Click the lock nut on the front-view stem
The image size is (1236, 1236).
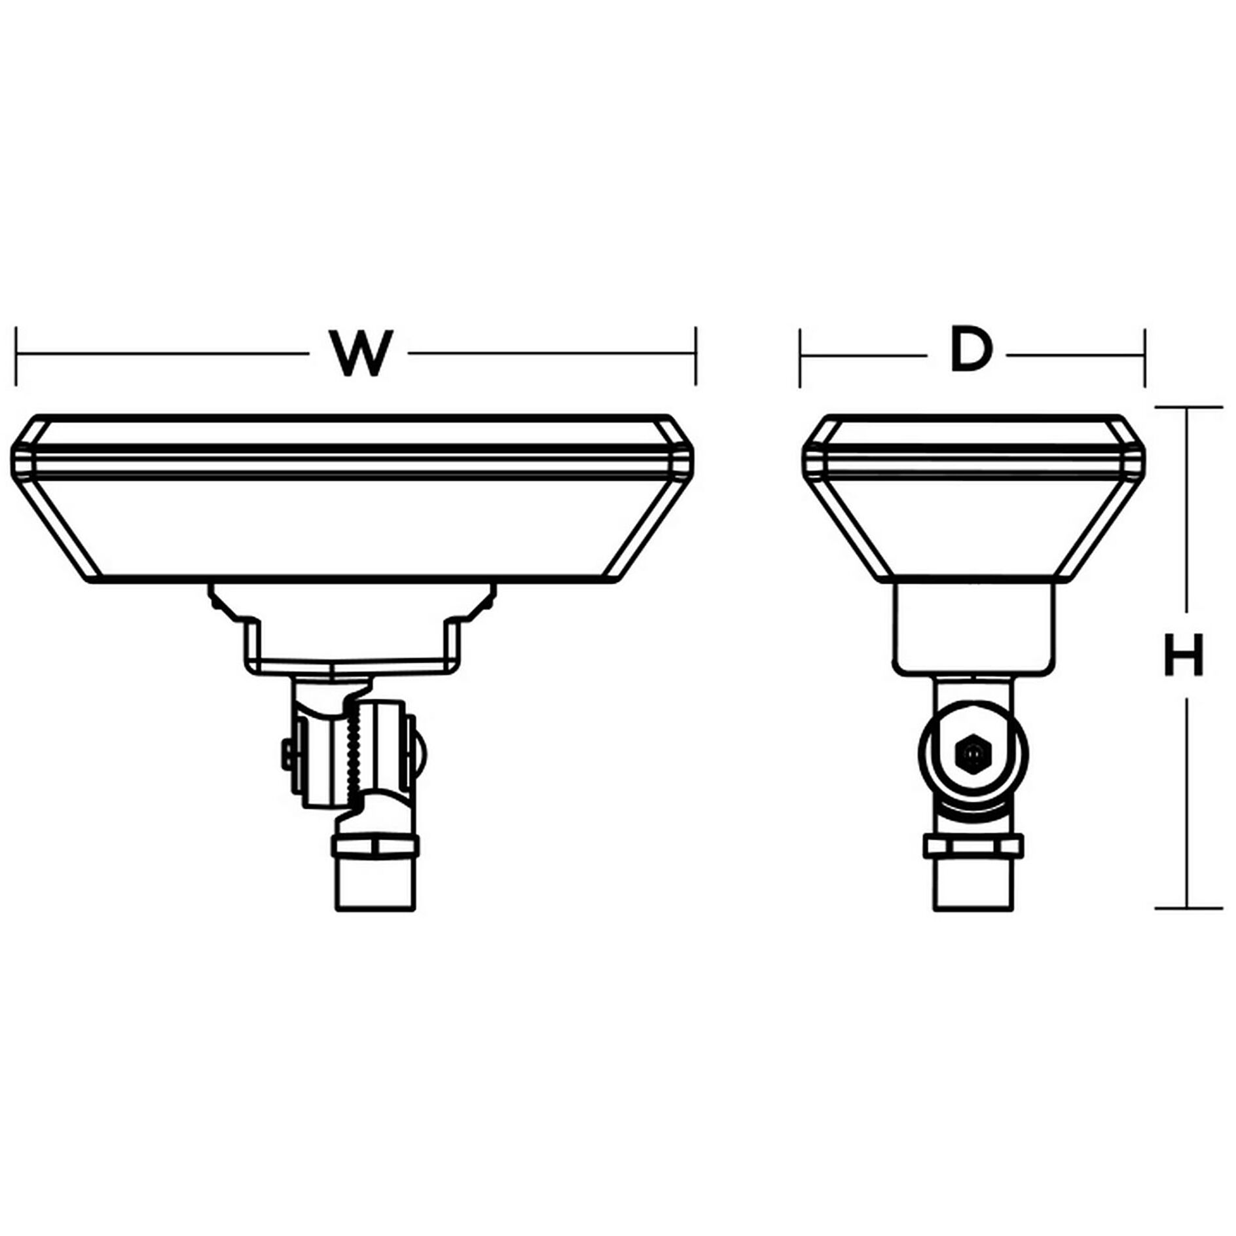coord(375,846)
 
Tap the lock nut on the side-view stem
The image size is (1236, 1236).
coord(973,846)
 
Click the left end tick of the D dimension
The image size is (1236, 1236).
coord(800,357)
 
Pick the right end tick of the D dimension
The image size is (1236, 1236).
coord(1145,357)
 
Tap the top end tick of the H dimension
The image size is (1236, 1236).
coord(1188,407)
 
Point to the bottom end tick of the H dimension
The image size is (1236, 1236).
coord(1188,908)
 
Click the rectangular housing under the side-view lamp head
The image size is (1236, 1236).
coord(973,625)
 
